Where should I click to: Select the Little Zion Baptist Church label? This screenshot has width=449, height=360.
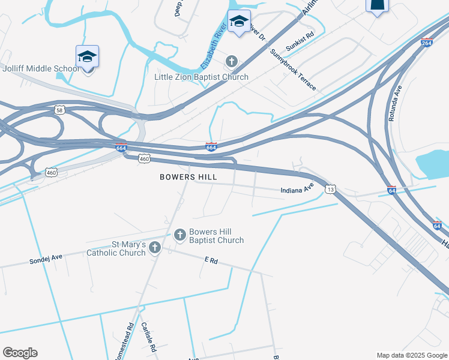[x=201, y=77]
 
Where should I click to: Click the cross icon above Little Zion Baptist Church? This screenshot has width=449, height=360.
[x=232, y=61]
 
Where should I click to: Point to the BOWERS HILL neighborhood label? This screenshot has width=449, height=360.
[x=188, y=177]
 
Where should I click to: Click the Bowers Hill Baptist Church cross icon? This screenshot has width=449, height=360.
[x=179, y=235]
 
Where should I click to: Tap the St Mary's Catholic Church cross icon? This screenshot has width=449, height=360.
[x=155, y=247]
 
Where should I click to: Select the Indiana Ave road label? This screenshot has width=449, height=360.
[x=298, y=190]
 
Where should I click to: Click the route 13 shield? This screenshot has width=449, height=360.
[x=331, y=189]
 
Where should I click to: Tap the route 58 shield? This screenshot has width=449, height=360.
[x=59, y=110]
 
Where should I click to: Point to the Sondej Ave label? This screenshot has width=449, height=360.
[x=46, y=260]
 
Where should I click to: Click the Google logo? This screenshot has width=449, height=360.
[x=20, y=352]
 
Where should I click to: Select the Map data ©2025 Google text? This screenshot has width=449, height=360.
[x=412, y=355]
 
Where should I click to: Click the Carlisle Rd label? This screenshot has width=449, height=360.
[x=148, y=337]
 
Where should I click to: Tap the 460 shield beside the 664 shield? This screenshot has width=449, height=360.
[x=143, y=158]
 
